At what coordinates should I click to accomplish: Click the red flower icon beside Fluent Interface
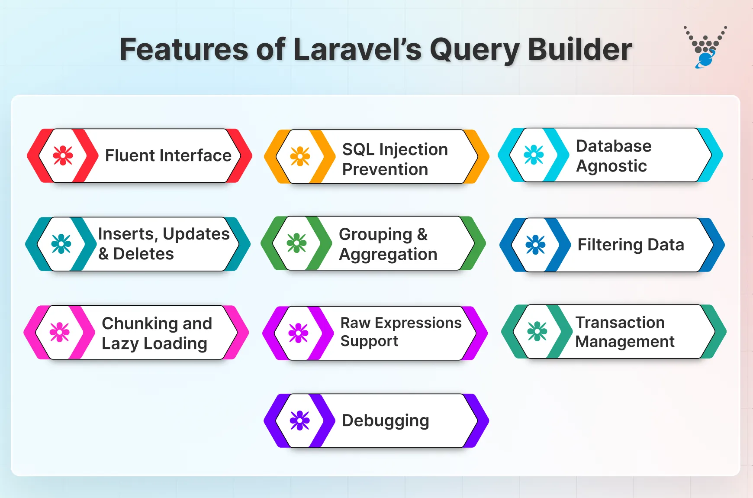(x=63, y=155)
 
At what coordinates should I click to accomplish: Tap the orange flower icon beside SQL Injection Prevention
(x=300, y=156)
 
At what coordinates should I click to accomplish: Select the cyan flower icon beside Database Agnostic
(x=534, y=155)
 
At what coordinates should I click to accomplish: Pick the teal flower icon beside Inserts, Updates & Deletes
(x=61, y=244)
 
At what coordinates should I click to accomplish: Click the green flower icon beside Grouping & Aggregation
(x=296, y=243)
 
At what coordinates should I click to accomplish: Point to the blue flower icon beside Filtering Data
(x=535, y=245)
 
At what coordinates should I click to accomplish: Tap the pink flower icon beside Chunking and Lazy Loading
(x=59, y=332)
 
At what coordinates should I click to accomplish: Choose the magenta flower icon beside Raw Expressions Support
(x=298, y=333)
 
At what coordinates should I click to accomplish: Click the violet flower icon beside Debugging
(x=300, y=420)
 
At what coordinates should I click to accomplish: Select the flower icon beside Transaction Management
(x=537, y=331)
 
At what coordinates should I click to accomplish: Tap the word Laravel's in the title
(x=357, y=49)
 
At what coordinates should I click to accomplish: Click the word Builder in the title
(x=579, y=49)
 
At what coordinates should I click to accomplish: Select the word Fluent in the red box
(x=130, y=155)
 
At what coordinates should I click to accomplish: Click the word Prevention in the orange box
(x=385, y=169)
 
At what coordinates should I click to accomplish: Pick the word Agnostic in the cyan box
(x=611, y=166)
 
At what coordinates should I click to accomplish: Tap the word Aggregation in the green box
(x=388, y=255)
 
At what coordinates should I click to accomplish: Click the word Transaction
(x=620, y=323)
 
